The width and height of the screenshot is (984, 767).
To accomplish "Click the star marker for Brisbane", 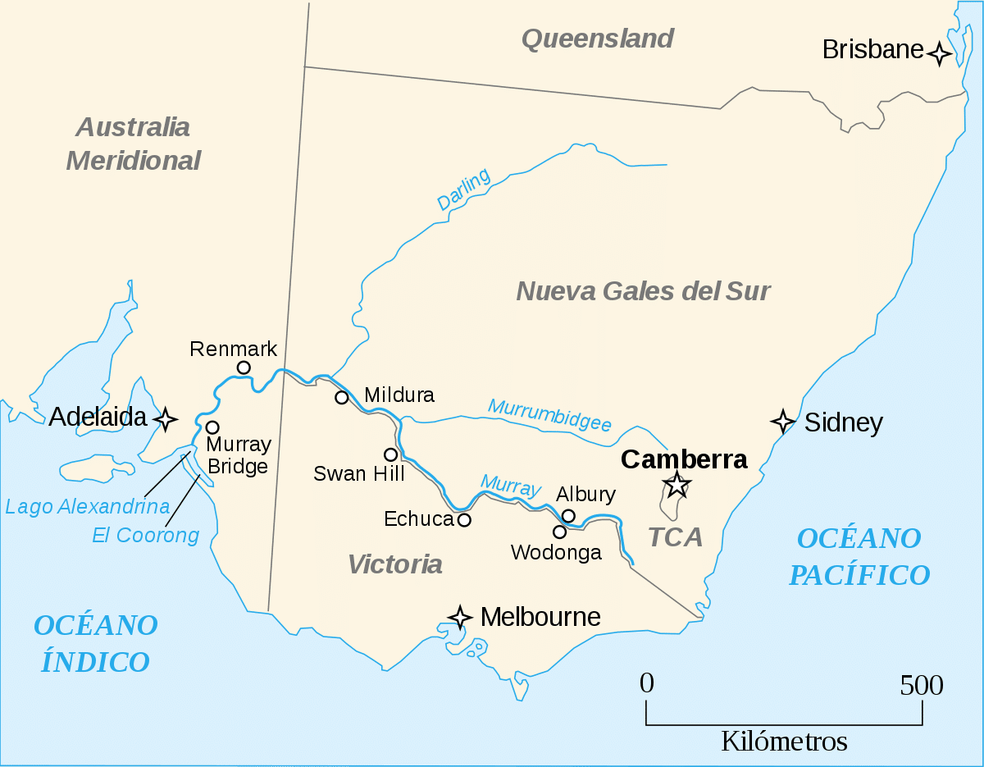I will tap(940, 54).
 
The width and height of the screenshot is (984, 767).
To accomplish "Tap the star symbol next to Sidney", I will tap(783, 422).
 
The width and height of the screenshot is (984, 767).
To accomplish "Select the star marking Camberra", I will tap(676, 485).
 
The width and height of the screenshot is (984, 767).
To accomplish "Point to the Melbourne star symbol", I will tap(460, 617).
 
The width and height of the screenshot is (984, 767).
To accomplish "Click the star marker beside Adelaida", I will tap(166, 419).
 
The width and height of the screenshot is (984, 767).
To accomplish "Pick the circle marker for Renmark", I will tap(244, 368).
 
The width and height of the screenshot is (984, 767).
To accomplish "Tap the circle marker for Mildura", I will tap(342, 398).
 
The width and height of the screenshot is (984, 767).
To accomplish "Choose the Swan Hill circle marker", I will tap(391, 454).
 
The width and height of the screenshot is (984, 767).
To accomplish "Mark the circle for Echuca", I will tap(464, 519).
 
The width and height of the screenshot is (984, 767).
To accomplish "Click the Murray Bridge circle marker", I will tap(212, 427).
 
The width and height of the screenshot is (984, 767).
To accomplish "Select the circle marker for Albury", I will tap(568, 515).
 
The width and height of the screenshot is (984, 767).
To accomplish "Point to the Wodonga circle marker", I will tap(559, 532).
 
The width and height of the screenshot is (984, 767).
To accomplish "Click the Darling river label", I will tap(463, 189).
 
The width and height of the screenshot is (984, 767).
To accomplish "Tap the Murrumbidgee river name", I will tap(549, 415).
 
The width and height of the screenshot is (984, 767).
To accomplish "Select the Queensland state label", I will tap(598, 39).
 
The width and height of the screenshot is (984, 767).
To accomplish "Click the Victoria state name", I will tap(395, 564).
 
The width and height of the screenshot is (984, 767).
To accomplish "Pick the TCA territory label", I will tap(676, 537).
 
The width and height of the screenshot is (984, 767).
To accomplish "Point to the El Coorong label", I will tap(146, 536).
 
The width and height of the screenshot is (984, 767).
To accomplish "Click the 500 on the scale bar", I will tap(922, 685).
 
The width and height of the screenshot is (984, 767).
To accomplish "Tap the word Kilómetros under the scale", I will tap(784, 742).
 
